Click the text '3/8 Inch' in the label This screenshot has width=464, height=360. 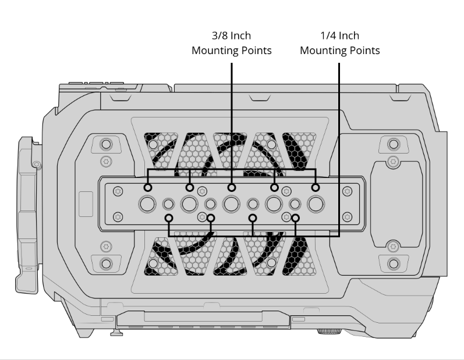[231, 35]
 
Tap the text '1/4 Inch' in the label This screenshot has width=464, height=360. [340, 35]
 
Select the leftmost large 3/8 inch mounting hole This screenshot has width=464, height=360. [147, 204]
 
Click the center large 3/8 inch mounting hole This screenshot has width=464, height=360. [231, 204]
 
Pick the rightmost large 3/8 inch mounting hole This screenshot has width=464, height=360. [316, 204]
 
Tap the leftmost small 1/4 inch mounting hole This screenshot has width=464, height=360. [168, 204]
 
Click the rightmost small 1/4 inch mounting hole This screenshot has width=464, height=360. [295, 204]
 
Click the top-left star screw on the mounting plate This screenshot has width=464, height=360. [118, 191]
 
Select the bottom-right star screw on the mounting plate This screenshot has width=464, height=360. [347, 217]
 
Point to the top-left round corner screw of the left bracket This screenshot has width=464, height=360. [106, 145]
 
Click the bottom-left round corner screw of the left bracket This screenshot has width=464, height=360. [106, 263]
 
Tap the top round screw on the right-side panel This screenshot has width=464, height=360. [394, 144]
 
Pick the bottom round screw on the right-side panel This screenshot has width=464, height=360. [394, 263]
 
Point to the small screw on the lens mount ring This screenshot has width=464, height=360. [37, 164]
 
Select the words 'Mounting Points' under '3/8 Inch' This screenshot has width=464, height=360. [231, 51]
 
